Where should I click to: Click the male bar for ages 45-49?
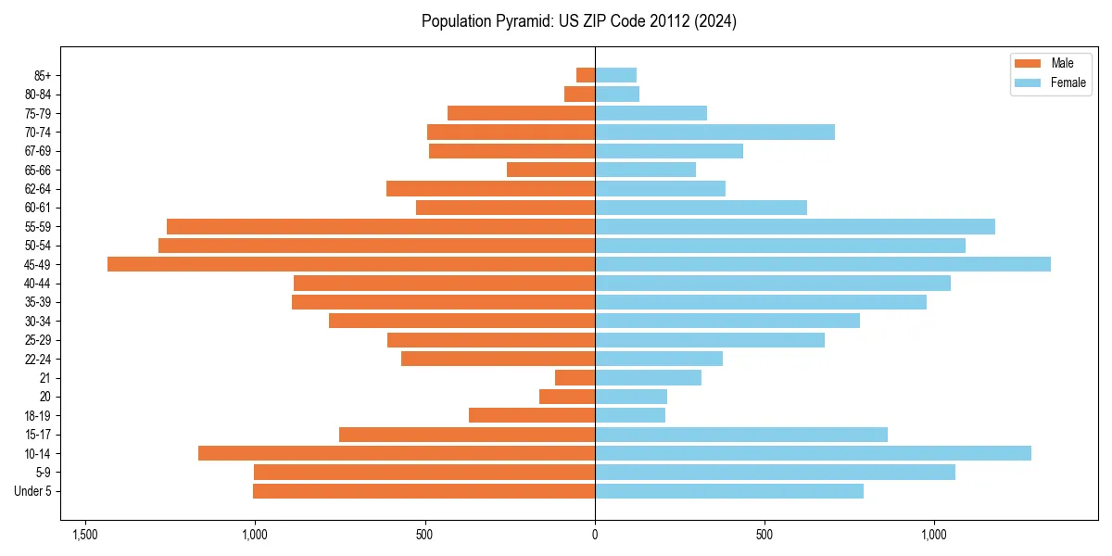pos(351,264)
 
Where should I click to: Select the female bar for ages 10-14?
pos(813,453)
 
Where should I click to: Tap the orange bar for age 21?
pos(575,377)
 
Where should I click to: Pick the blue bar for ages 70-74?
pos(714,132)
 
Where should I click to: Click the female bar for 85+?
pos(615,75)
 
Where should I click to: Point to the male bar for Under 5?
pos(423,491)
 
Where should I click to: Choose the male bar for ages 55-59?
pos(381,226)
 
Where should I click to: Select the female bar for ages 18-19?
pos(630,415)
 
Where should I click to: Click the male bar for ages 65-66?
pos(550,170)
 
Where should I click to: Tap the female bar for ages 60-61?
pos(701,208)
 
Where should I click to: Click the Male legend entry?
pos(1062,63)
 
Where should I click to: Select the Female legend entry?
pos(1068,82)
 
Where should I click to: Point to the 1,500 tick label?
pos(85,535)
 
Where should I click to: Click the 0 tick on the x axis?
pos(595,535)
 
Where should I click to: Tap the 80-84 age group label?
pos(38,95)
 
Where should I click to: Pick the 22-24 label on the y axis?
pos(38,359)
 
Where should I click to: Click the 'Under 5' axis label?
pos(33,491)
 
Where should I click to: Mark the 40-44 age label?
pos(38,284)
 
